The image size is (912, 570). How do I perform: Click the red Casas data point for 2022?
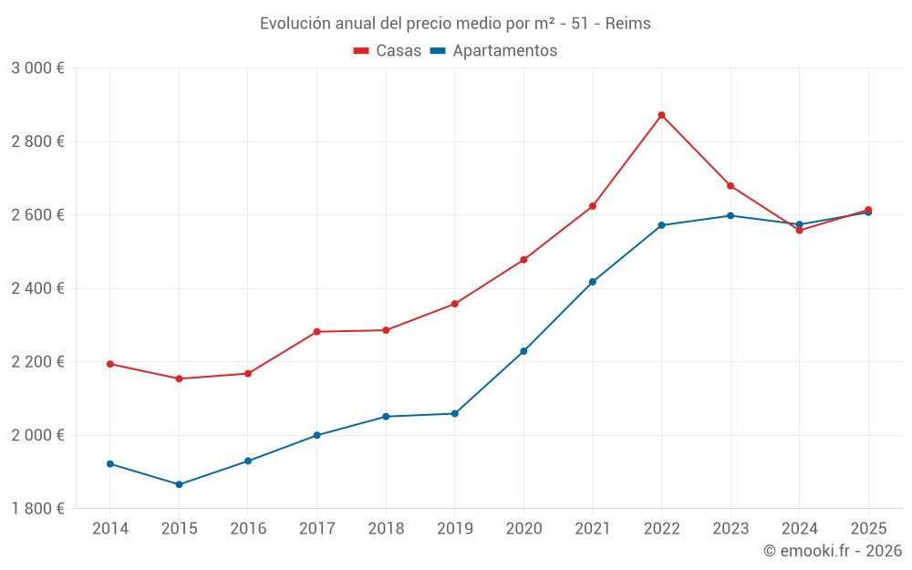[661, 115]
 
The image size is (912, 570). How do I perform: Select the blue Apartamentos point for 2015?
[179, 484]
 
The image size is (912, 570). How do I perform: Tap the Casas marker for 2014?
[110, 364]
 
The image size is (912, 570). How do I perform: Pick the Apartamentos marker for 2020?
[523, 351]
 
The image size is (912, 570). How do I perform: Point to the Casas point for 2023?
[731, 186]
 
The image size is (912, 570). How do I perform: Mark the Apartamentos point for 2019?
[454, 414]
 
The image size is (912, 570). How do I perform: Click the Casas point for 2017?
[316, 332]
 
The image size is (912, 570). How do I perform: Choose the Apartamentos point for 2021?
[593, 282]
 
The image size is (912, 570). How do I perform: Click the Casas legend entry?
[389, 51]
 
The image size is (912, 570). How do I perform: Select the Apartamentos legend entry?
[494, 51]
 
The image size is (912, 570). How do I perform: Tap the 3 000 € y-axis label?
[37, 68]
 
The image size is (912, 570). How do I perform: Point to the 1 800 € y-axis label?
[37, 509]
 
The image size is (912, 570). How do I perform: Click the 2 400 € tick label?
[37, 288]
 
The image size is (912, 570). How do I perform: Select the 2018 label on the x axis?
[386, 529]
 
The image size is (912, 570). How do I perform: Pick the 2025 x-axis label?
[868, 529]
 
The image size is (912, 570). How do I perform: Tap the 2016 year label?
[248, 529]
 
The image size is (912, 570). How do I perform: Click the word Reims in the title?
[628, 24]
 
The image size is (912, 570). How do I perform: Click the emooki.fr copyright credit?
[832, 551]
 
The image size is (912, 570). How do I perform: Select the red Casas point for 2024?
[800, 230]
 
